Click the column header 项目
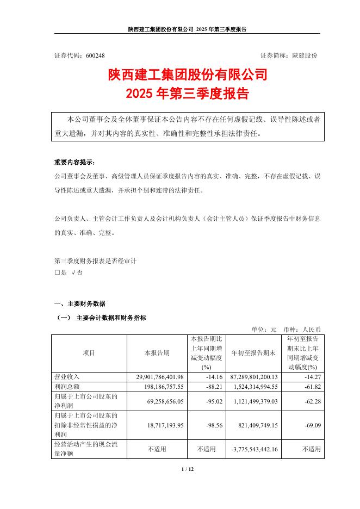[89, 353]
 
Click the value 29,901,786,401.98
[156, 376]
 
